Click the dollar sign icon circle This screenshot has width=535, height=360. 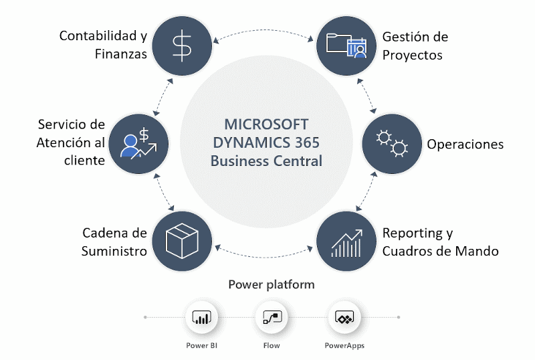point(181,45)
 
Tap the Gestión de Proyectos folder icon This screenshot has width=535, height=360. point(346,45)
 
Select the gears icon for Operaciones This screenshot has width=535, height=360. point(391,143)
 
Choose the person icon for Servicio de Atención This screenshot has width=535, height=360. point(138,142)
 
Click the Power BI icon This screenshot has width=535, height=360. point(201,318)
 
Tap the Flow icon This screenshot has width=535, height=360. point(272,318)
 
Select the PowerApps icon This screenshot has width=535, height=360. point(344,318)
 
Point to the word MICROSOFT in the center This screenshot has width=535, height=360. point(266,124)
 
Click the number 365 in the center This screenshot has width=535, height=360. point(305,143)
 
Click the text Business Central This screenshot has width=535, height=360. point(266,161)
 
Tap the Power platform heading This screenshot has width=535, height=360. point(272,284)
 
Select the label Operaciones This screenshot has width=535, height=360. point(465,144)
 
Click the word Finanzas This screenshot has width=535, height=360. point(120,54)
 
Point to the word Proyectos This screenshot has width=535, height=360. point(413,55)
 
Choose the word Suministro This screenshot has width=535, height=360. point(114,252)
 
